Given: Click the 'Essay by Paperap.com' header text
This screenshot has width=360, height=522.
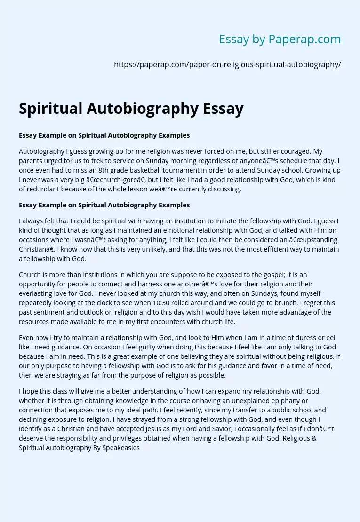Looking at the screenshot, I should pyautogui.click(x=280, y=40).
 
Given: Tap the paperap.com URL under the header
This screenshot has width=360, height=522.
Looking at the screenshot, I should pyautogui.click(x=227, y=65).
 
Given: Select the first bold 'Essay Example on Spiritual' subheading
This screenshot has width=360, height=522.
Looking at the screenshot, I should pyautogui.click(x=104, y=135).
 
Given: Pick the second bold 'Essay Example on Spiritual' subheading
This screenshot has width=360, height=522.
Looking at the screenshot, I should pyautogui.click(x=104, y=205).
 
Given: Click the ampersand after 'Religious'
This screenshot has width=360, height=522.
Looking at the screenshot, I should pyautogui.click(x=314, y=438).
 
